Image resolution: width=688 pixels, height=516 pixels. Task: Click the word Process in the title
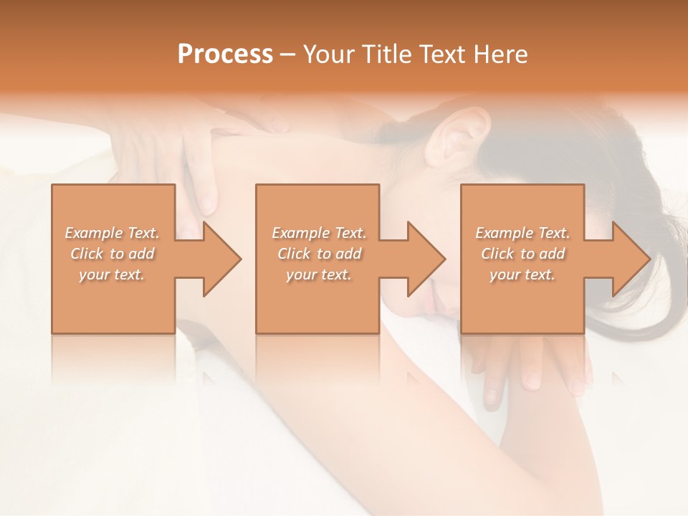point(225,54)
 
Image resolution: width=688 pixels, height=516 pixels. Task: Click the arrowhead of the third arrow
point(630,259)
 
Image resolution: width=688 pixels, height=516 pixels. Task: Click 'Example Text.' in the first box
point(112,233)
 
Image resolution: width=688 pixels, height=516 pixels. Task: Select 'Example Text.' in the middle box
point(318,233)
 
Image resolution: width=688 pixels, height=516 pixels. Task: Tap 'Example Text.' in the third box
point(522,233)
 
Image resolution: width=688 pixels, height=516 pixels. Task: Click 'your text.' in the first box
point(112,274)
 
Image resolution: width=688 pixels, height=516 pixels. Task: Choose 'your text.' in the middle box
point(318,274)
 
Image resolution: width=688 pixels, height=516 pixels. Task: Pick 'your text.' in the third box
point(522,274)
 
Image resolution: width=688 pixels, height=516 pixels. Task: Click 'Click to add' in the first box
point(112,254)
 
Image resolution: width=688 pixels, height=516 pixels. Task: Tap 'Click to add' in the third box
point(522,254)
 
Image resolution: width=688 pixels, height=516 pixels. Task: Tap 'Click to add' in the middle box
point(318,254)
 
